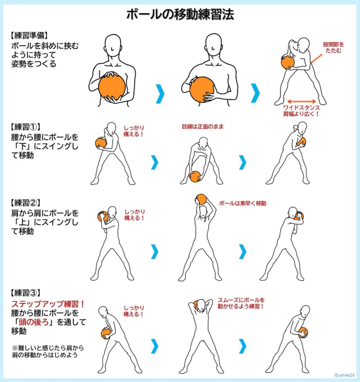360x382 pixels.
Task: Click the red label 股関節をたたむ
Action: (x=333, y=48)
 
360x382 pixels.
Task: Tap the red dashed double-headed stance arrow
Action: (x=302, y=101)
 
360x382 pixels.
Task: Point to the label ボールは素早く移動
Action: (x=242, y=203)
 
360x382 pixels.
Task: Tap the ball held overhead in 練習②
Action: (x=201, y=199)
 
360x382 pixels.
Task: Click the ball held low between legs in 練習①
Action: (x=195, y=176)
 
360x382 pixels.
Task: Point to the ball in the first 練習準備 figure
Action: (x=112, y=87)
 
